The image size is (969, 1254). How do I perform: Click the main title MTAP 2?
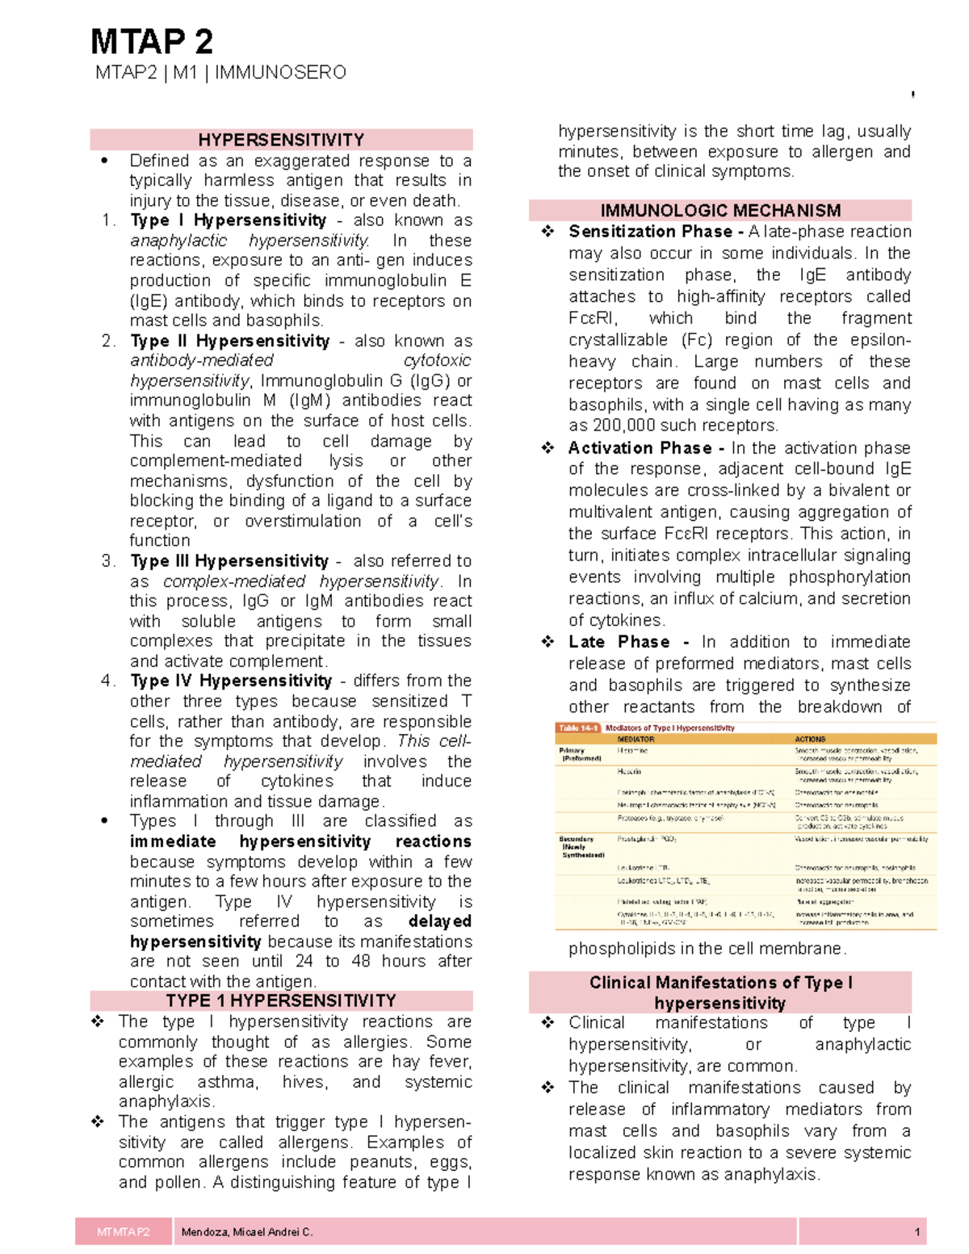coord(152,41)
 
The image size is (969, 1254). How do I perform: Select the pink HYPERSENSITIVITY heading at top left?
coord(281,140)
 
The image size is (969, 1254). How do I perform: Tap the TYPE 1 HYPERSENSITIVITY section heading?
coord(281,1000)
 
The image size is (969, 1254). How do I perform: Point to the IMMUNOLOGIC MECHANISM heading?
coord(720,211)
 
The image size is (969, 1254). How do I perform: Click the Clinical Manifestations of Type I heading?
coord(720,983)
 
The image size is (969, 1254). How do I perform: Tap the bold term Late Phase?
coord(619,642)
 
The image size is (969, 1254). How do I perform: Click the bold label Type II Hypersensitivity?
coord(229,341)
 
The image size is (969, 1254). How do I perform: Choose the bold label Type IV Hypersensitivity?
coord(231,681)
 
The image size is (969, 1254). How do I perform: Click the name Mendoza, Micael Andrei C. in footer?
coord(247,1232)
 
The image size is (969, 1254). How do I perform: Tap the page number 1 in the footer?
coord(917,1232)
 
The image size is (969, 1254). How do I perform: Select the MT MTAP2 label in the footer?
coord(124,1232)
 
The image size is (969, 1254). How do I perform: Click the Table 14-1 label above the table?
coord(578,728)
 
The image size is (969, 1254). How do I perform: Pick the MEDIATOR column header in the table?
coord(636,739)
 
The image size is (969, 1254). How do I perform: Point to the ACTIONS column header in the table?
coord(810,739)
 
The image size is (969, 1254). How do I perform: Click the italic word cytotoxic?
coord(437,360)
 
